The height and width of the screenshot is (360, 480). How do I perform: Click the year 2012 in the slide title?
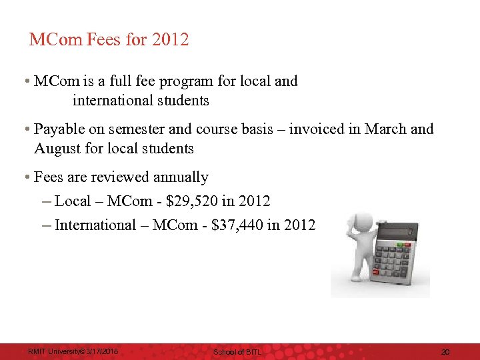tap(171, 40)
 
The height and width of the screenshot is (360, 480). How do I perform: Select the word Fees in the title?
tap(105, 40)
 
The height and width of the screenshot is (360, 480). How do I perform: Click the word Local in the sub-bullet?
tap(73, 201)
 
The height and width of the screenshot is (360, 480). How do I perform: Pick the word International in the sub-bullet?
tap(95, 225)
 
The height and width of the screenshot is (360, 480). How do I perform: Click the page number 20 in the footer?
tap(446, 351)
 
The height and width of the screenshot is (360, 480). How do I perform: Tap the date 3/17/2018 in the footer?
tap(99, 351)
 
